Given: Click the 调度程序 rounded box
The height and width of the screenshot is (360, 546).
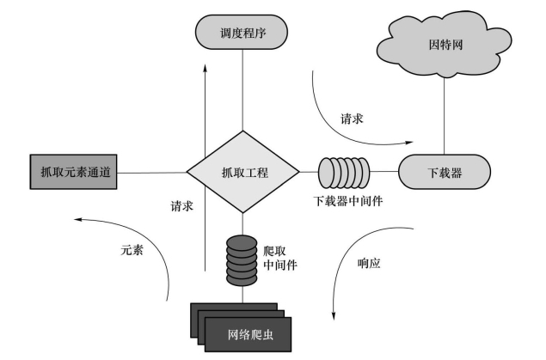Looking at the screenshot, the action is (x=242, y=32).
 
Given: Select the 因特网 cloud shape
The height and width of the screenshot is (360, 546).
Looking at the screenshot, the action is (x=445, y=46).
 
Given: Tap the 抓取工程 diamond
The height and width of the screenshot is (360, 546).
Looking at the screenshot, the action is (x=243, y=172).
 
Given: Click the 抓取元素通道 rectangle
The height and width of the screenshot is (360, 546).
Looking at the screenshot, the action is (x=73, y=172).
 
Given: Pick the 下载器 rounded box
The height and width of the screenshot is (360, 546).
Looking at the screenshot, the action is (x=445, y=172).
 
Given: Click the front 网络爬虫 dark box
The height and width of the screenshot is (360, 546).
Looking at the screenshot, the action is (x=248, y=334).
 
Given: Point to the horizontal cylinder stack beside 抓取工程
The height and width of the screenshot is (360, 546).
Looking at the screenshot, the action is (x=344, y=172).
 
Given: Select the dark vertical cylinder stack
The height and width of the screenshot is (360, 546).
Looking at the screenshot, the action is (x=242, y=261).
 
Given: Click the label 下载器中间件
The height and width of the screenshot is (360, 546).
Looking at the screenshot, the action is (x=348, y=201).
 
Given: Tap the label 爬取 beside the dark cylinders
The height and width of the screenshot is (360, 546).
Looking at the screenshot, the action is (x=274, y=251).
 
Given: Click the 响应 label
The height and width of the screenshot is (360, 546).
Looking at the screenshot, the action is (x=369, y=263).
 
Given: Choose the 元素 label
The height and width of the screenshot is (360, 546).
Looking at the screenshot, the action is (x=132, y=250).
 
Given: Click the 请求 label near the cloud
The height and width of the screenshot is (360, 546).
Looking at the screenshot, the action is (x=352, y=119).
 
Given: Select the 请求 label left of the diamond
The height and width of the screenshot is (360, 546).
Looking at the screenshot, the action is (x=181, y=206).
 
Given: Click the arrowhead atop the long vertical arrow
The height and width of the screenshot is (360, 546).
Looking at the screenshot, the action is (x=206, y=68).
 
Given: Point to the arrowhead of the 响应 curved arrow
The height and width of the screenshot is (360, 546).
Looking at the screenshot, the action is (x=334, y=315).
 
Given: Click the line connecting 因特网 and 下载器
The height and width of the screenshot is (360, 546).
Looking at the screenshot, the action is (x=444, y=116).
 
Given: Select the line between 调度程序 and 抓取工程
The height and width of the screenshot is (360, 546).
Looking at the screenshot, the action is (x=242, y=90).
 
